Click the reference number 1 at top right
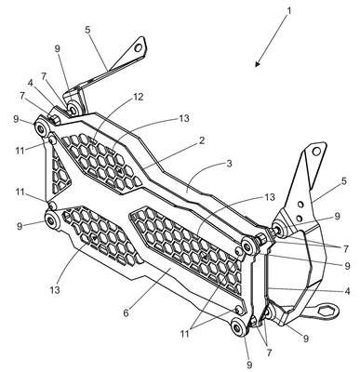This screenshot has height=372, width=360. [x=289, y=11]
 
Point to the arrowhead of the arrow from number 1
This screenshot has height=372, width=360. [x=258, y=63]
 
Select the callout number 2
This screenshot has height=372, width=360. [x=202, y=140]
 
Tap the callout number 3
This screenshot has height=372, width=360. [x=229, y=164]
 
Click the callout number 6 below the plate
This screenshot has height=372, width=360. [x=126, y=312]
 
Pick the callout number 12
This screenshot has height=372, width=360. [x=138, y=97]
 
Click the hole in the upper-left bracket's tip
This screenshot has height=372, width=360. [x=139, y=47]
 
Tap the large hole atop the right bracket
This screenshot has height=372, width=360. [x=316, y=151]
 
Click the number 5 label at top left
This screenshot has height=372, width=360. [x=87, y=31]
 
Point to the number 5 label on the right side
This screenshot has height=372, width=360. [x=344, y=180]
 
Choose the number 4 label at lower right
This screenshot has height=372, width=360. [x=347, y=291]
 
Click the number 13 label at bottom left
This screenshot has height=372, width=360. [x=54, y=290]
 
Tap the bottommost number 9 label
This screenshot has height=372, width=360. [x=249, y=364]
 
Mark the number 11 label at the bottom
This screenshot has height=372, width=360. [x=185, y=334]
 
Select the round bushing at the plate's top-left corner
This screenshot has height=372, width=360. [x=40, y=127]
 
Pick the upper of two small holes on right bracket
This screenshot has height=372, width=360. [x=300, y=205]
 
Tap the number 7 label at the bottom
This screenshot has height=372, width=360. [x=269, y=352]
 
